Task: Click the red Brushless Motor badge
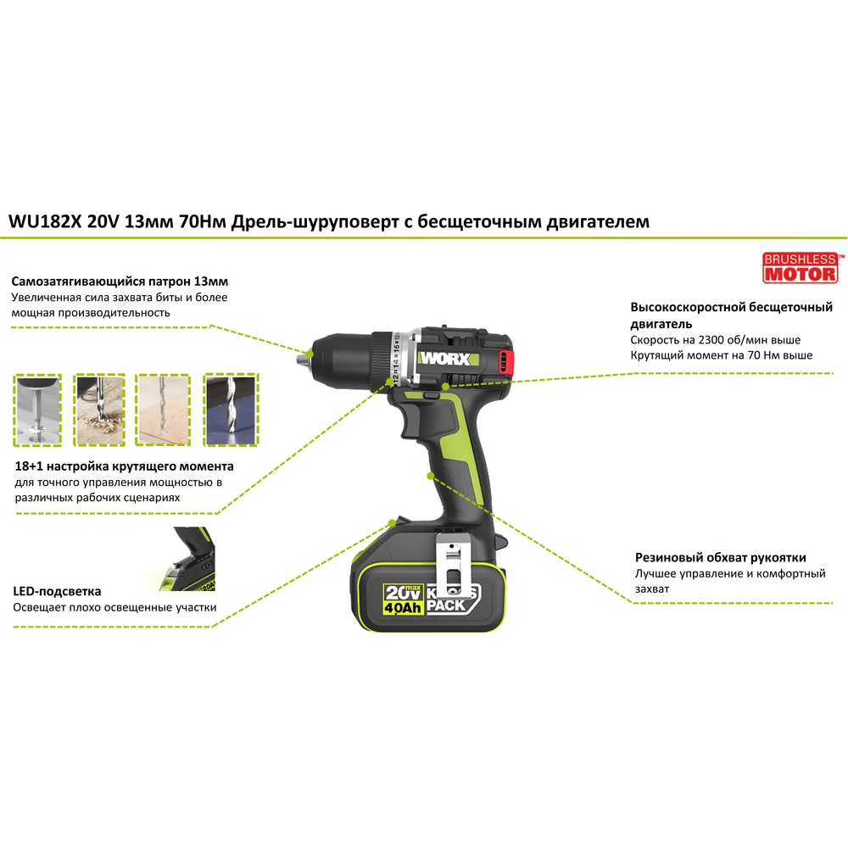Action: coord(801,268)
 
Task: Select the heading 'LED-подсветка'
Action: coord(57,591)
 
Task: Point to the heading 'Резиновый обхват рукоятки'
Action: coord(720,558)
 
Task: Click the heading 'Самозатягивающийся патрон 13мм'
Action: coord(120,282)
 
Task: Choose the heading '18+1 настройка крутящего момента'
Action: coord(124,466)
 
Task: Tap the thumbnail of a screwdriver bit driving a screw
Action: coord(37,410)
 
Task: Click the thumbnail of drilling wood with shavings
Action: coord(99,410)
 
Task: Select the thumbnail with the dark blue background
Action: coord(231,410)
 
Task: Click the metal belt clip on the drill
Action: coord(453,562)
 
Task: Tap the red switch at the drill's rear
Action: coord(505,361)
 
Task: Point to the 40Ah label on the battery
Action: coord(402,608)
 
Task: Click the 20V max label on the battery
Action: coord(402,592)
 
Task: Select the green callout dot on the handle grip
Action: coord(430,476)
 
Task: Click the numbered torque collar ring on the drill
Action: coord(397,357)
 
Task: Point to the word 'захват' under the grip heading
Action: coord(651,589)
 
